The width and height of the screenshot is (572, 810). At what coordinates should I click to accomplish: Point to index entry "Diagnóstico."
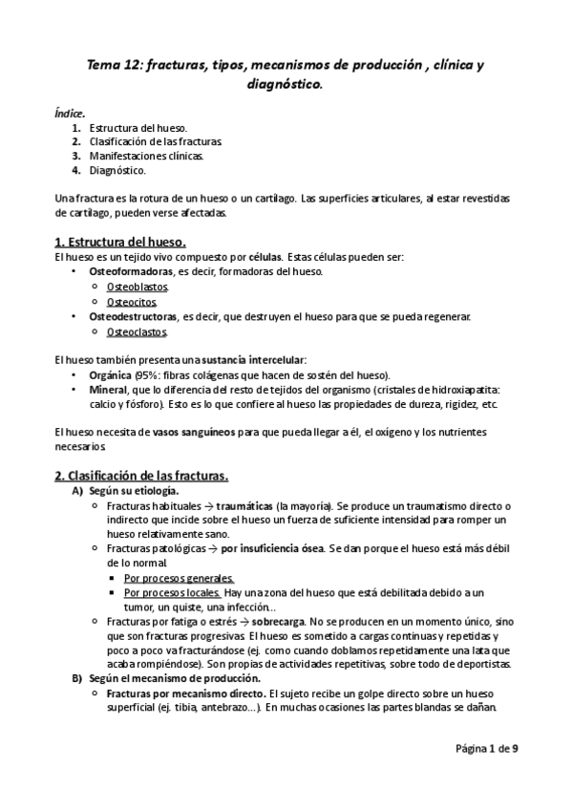coord(117,169)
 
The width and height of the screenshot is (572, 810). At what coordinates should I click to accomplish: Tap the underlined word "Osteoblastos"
coord(138,287)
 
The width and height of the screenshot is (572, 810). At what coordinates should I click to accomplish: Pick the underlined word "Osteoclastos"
coord(138,331)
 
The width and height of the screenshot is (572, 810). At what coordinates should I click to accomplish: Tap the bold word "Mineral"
coord(110,390)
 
